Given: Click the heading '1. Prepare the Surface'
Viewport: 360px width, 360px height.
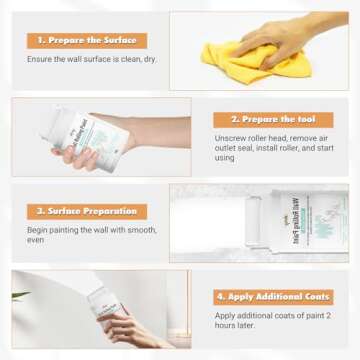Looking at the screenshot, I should [x=87, y=41].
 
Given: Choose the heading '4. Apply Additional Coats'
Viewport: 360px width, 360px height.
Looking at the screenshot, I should [x=274, y=296].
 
